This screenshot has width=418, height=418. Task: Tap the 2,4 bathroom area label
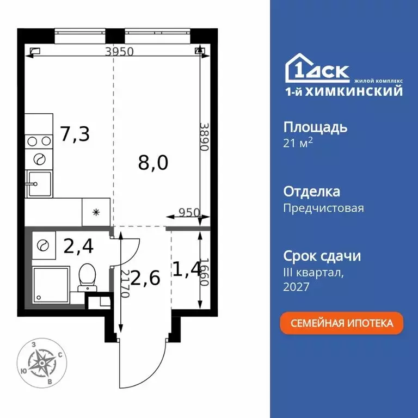(78, 247)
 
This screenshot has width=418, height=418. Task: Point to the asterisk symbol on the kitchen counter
(96, 212)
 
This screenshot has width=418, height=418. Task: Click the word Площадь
(315, 128)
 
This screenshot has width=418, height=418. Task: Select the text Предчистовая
(323, 208)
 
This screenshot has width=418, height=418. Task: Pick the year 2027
(297, 287)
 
